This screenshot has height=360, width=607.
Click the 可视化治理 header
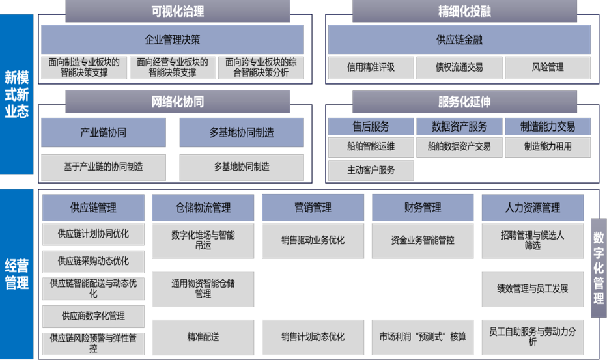point(177,11)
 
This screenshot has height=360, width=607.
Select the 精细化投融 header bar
point(464,11)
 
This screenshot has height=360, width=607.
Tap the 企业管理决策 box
point(172,40)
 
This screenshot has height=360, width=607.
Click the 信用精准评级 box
point(371,67)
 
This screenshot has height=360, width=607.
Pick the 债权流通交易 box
point(459,67)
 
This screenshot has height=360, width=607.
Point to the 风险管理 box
point(547,67)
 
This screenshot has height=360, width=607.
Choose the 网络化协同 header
point(177,102)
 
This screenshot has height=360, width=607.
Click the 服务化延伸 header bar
point(464,102)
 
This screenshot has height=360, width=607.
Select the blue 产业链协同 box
point(103,133)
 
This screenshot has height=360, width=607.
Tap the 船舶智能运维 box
point(371,146)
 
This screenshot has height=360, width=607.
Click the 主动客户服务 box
point(371,171)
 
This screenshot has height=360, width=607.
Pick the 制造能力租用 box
point(547,146)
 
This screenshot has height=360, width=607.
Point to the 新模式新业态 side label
point(16,94)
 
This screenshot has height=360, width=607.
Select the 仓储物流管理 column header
point(203,208)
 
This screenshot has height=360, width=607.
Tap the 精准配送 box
point(203,337)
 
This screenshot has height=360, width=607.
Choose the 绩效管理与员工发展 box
point(533,288)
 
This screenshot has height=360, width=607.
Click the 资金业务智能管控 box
point(423,240)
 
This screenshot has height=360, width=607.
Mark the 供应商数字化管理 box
point(93,316)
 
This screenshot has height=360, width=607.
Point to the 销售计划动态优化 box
point(313,337)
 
